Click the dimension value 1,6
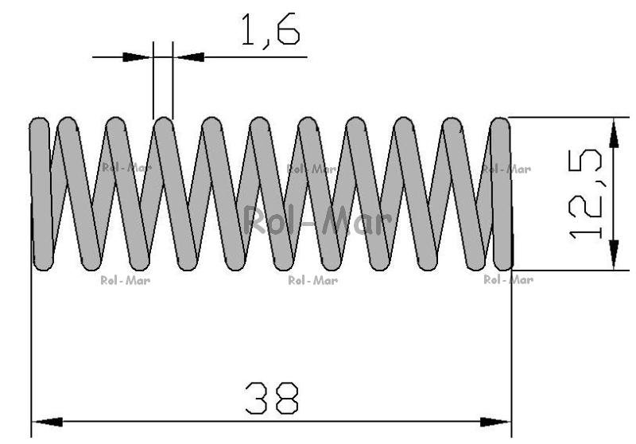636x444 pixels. [270, 31]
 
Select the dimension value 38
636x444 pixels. [272, 398]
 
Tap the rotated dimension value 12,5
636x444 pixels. [585, 194]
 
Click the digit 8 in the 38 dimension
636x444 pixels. [286, 398]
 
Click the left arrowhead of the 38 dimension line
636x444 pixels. [48, 422]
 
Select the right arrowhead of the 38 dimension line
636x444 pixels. [495, 422]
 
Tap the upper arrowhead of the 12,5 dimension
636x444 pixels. [614, 133]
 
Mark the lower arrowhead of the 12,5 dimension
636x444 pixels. [614, 255]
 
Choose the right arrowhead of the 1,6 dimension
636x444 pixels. [189, 56]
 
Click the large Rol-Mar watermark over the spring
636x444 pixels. [317, 220]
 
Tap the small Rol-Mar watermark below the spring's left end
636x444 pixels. [126, 280]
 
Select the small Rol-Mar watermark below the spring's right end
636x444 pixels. [508, 279]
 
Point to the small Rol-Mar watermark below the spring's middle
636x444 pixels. [312, 280]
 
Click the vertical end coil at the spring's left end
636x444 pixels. [41, 194]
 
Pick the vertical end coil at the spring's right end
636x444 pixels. [502, 194]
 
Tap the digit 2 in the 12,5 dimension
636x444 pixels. [585, 207]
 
